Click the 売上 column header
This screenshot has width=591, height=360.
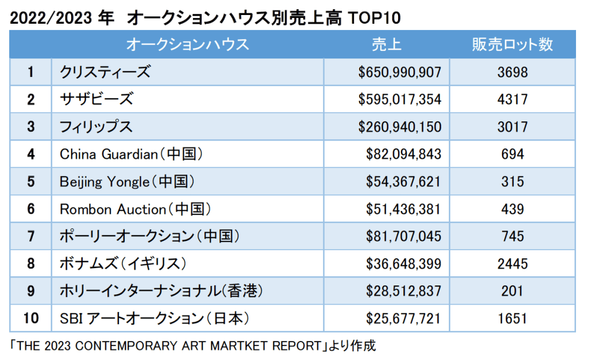pos(386,44)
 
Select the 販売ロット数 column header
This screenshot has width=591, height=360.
pos(512,44)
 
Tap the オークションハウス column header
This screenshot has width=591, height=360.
pos(187,44)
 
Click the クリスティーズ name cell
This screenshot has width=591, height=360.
pos(105,72)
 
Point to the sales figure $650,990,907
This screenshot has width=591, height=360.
pos(400,72)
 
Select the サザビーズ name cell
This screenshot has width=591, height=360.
pos(96,99)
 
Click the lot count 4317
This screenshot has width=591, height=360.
pos(512,99)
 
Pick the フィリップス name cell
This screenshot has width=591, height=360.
pos(96,127)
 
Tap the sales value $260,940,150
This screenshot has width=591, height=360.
pos(400,127)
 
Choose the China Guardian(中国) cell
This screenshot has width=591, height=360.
pos(133,154)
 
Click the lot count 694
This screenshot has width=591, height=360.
pos(512,154)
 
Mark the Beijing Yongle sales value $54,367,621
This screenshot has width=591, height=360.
pos(403,181)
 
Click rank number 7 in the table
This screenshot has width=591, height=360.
pos(31,236)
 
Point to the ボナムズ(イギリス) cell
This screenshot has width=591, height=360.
pos(124,263)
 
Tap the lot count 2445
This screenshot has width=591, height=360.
pos(512,263)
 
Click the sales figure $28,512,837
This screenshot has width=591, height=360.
pos(403,291)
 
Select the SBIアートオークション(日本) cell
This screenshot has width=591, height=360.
pos(156,318)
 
